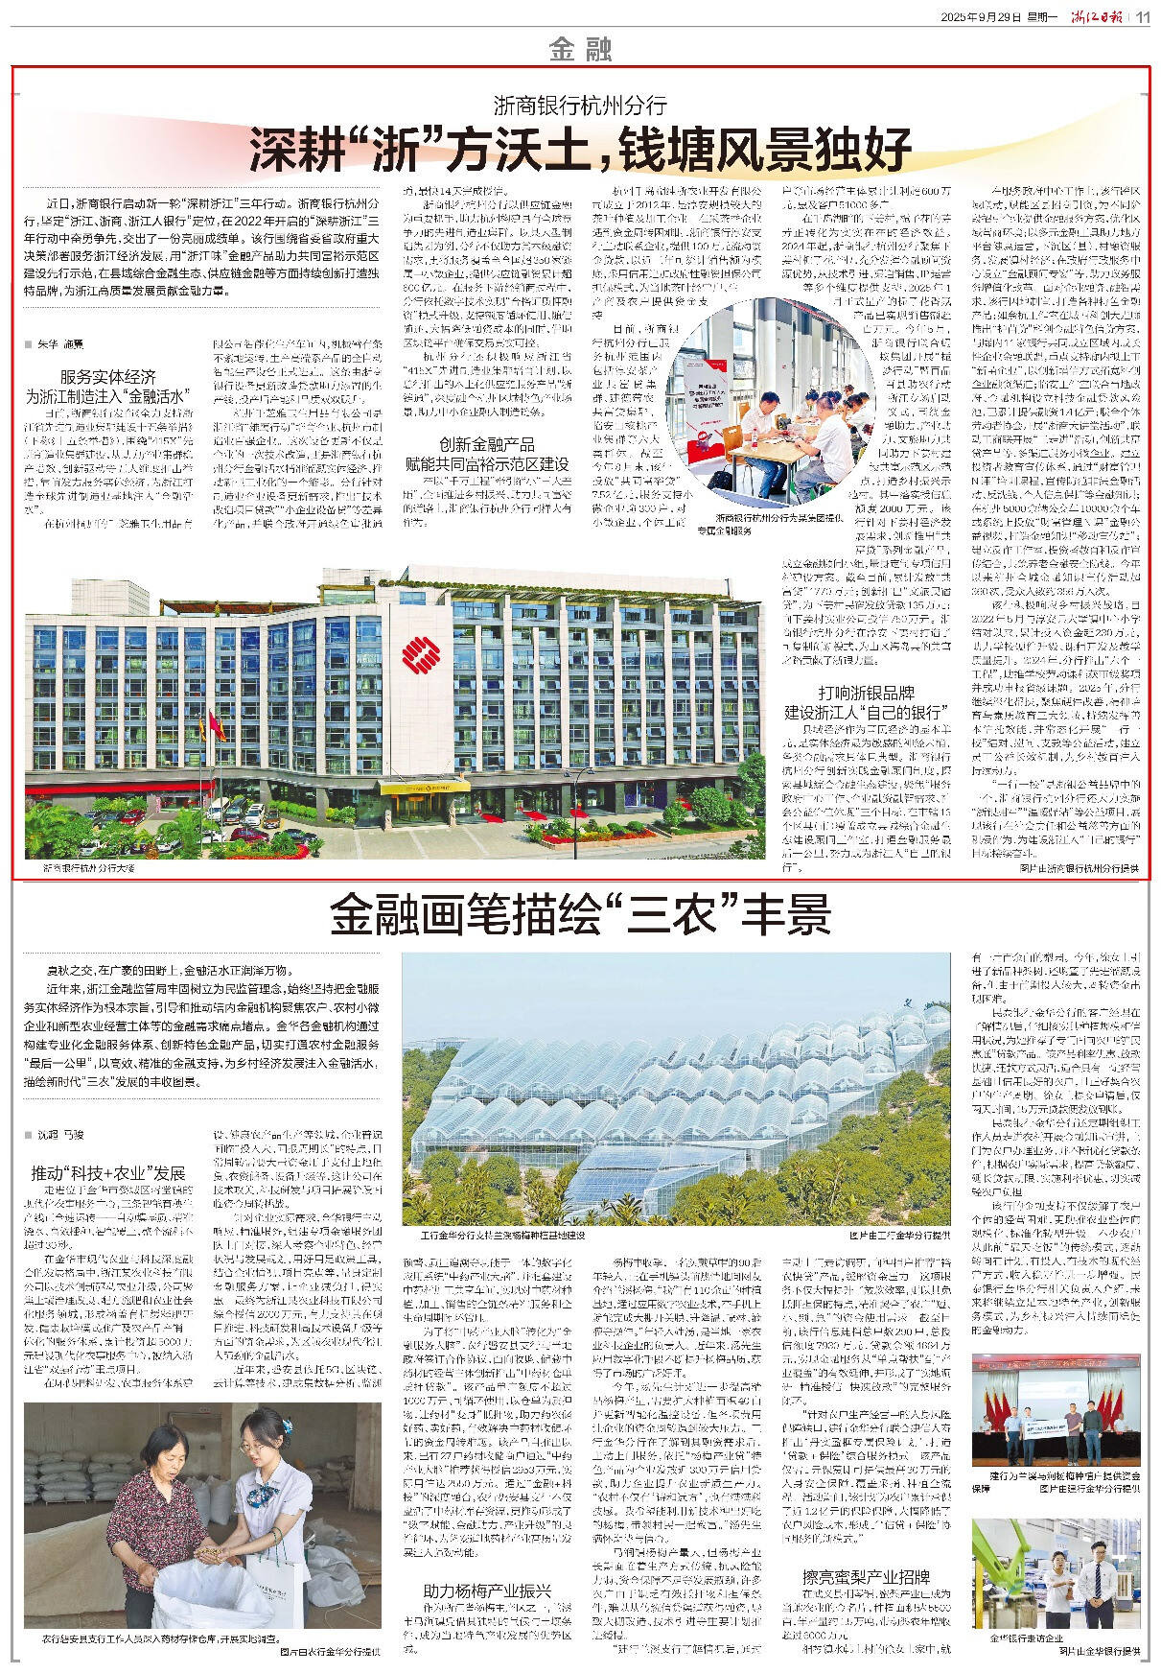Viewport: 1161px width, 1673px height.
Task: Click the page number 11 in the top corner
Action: click(1144, 17)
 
